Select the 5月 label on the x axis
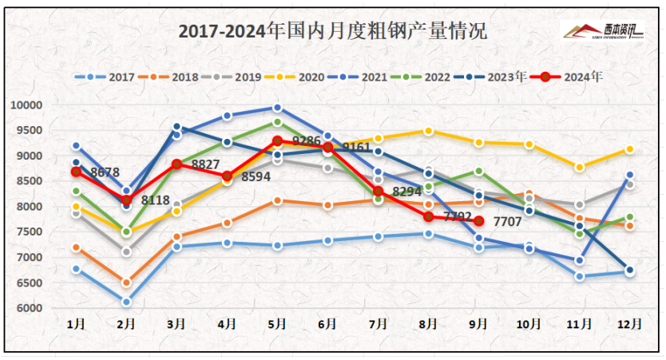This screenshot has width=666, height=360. tap(277, 325)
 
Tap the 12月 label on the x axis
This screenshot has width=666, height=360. tap(628, 325)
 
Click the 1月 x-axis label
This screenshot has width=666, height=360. tap(76, 325)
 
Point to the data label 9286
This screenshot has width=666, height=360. tap(306, 141)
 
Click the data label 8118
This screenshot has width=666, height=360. tap(157, 200)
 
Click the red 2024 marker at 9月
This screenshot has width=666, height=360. tap(479, 221)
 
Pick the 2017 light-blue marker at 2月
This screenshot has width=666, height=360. tap(126, 302)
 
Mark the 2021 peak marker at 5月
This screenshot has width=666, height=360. tap(277, 108)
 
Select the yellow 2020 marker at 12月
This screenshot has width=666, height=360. tap(629, 149)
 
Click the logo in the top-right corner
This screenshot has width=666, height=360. tap(603, 31)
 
